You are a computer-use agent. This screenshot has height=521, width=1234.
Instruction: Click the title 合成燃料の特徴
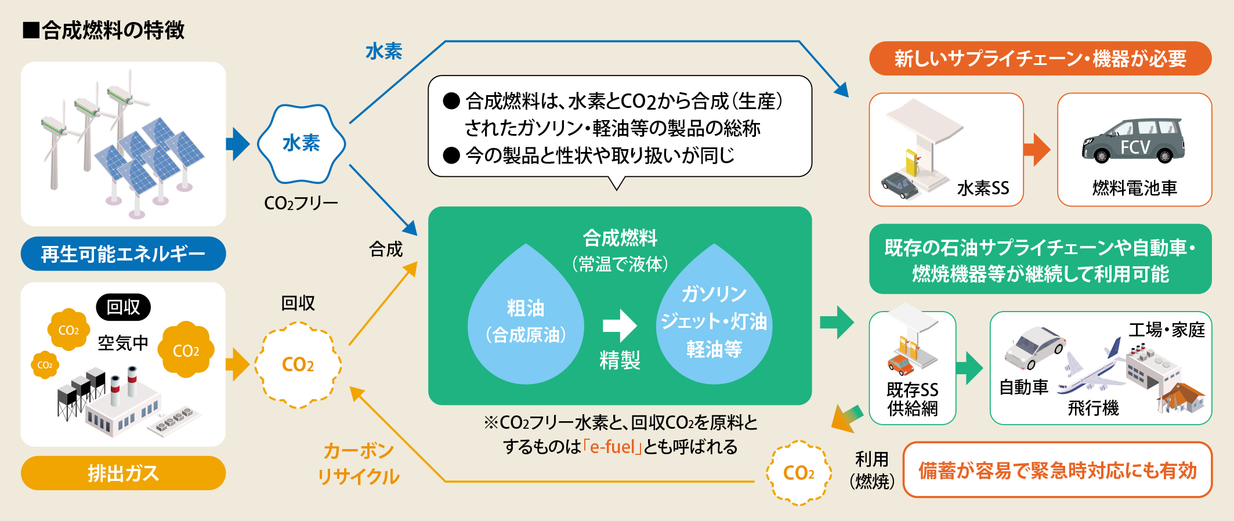[113, 30]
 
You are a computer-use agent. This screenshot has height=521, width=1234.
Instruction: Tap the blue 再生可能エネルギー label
[123, 254]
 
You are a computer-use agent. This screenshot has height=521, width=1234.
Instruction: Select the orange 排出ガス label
[123, 473]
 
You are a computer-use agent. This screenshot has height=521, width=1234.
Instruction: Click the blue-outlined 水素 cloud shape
[301, 143]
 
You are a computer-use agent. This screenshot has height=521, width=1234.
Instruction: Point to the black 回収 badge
[123, 307]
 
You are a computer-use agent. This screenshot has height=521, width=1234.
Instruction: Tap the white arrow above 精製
[620, 325]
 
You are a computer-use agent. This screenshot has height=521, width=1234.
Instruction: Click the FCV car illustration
[1134, 141]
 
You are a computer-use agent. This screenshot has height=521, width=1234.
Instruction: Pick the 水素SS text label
[983, 188]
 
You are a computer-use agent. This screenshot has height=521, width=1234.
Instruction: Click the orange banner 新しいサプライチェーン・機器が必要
[1040, 59]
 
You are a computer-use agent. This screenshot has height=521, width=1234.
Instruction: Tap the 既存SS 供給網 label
[912, 399]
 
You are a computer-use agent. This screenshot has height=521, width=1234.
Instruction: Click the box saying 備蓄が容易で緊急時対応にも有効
[1057, 471]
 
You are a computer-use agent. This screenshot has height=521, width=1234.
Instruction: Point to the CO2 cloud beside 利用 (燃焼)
[799, 473]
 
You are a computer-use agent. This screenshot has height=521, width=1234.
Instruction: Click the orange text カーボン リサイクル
[359, 464]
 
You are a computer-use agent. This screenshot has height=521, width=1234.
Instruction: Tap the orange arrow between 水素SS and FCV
[1037, 150]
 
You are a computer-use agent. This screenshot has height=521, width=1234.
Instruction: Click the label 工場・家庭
[1166, 330]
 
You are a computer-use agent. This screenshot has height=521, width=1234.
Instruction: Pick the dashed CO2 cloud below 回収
[298, 365]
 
